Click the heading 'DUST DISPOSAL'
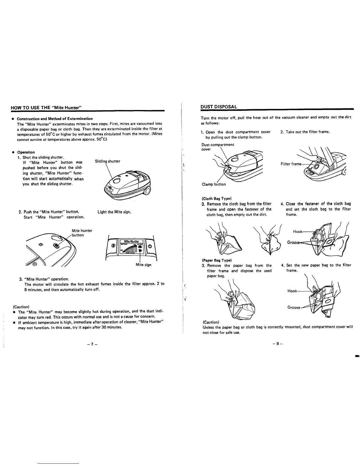click(x=219, y=107)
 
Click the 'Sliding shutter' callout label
click(x=107, y=161)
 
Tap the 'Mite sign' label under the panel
click(x=144, y=265)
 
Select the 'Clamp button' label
click(x=214, y=184)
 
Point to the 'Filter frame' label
click(x=291, y=164)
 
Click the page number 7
click(x=92, y=344)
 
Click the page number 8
click(x=278, y=344)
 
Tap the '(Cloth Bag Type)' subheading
click(x=216, y=199)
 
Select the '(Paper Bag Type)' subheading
click(x=217, y=260)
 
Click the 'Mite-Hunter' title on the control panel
click(x=131, y=241)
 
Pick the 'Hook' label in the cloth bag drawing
click(x=298, y=232)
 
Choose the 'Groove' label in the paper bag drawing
click(x=294, y=307)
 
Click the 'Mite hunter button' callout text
click(x=82, y=233)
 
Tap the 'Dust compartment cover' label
click(x=218, y=147)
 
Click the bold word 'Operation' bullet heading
click(x=26, y=152)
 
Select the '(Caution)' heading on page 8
click(x=211, y=322)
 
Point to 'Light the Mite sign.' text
click(x=114, y=212)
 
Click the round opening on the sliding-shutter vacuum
click(x=116, y=181)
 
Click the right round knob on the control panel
click(x=150, y=246)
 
